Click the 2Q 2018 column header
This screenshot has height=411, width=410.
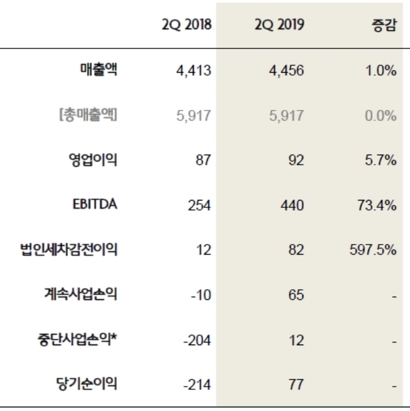coord(186,25)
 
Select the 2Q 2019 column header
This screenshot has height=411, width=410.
coord(279,25)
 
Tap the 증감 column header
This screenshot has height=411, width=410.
coord(383,25)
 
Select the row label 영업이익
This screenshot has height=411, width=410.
coord(93,160)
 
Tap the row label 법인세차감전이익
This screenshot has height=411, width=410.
coord(69,250)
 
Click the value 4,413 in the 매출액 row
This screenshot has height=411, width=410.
coord(194,71)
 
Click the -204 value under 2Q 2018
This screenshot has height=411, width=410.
coord(198,340)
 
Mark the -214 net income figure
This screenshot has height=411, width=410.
coord(198,385)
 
